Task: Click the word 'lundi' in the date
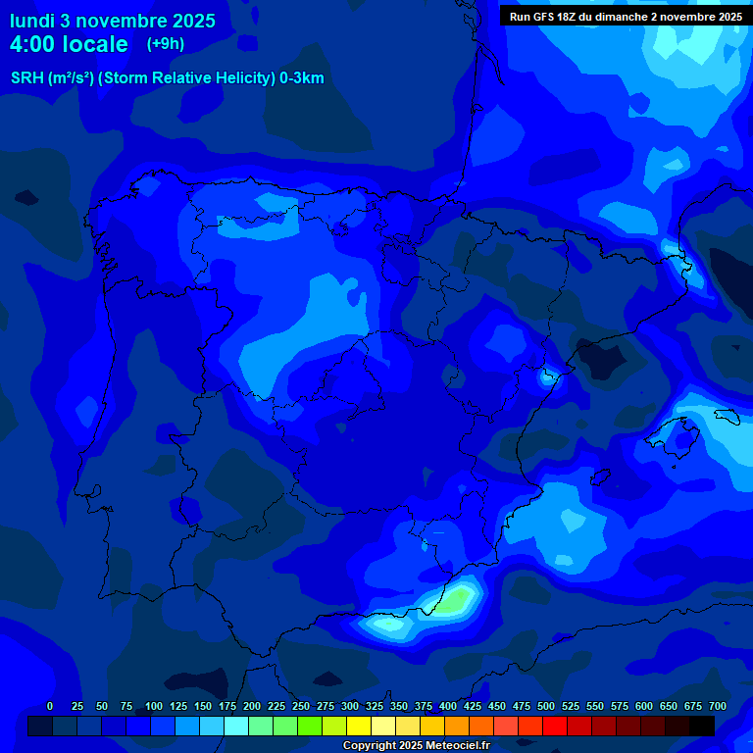[x=32, y=21]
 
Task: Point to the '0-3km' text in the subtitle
[x=302, y=78]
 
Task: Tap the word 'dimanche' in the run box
[x=618, y=17]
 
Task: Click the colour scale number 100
[x=154, y=706]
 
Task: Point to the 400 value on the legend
[x=448, y=706]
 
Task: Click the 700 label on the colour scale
[x=717, y=706]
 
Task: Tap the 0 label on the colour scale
[x=50, y=706]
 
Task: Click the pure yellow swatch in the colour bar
[x=359, y=726]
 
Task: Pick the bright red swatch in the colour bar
[x=555, y=726]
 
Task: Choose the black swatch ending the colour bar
[x=702, y=726]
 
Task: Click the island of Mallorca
[x=677, y=431]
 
